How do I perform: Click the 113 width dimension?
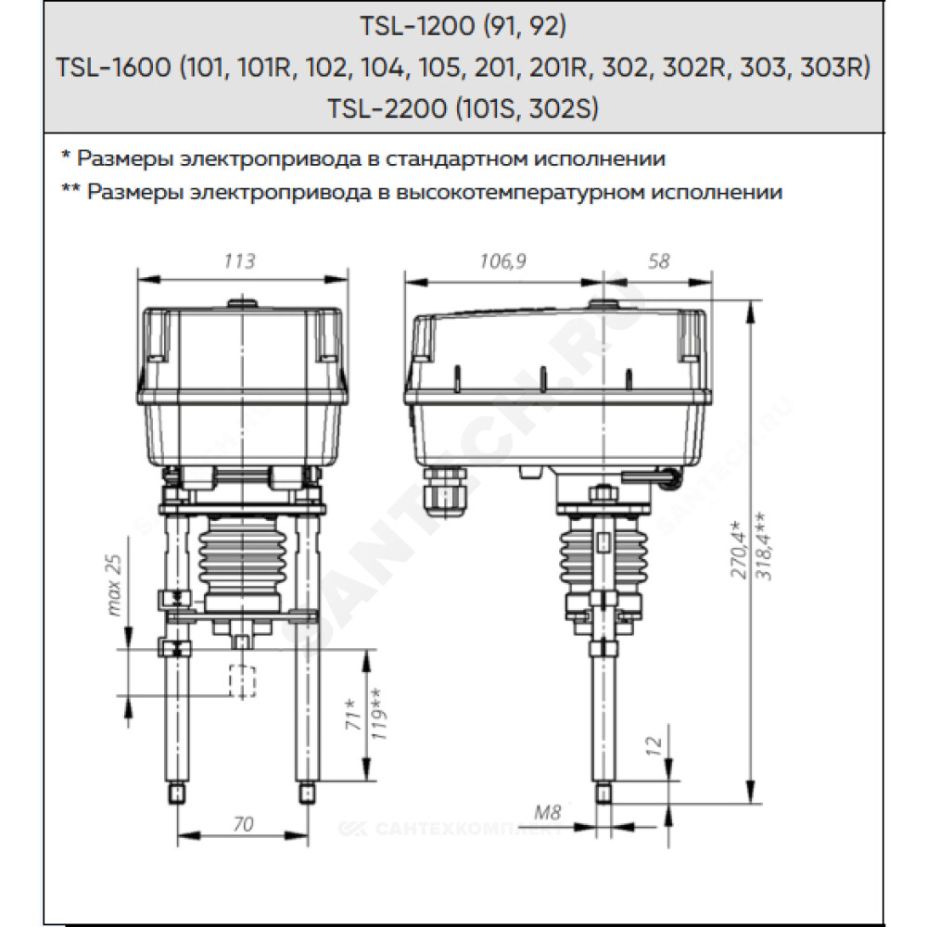(239, 260)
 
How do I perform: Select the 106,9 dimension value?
(502, 260)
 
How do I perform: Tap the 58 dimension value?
(658, 260)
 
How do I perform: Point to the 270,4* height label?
(739, 551)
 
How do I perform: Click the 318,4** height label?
(763, 546)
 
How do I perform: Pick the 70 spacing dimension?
(243, 823)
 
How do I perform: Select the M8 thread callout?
(547, 812)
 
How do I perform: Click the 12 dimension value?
(654, 745)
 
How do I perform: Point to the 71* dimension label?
(352, 714)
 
